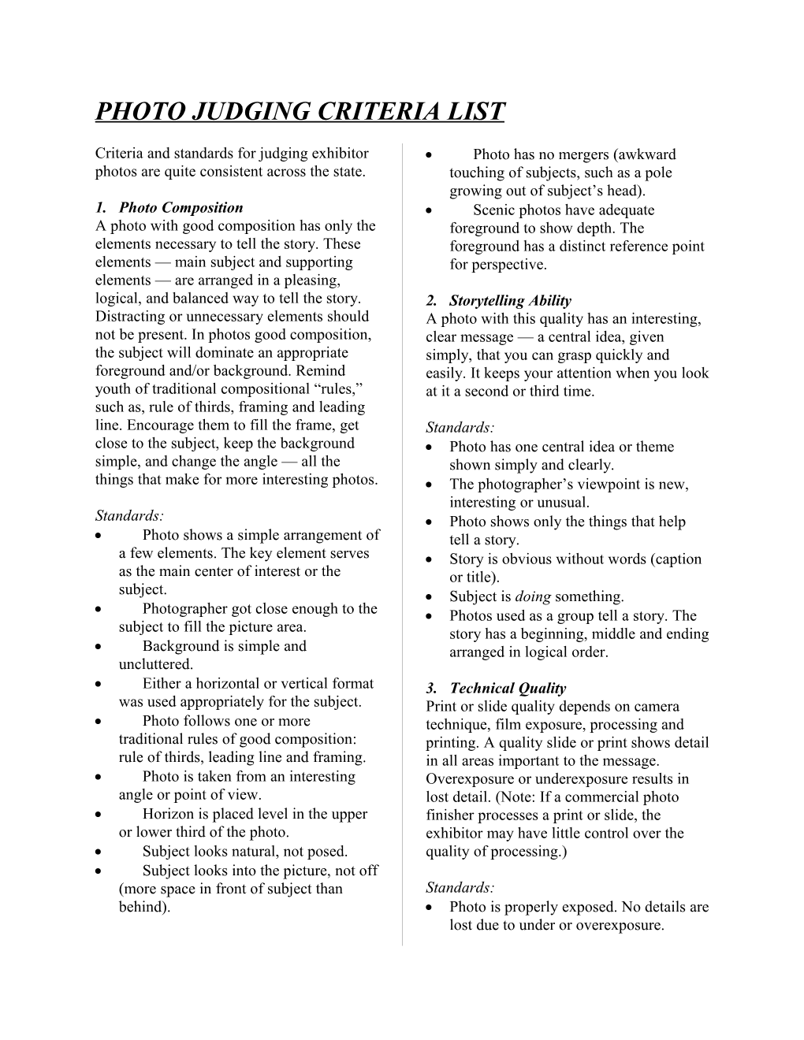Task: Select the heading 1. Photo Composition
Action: (169, 207)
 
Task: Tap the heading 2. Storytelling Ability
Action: (498, 300)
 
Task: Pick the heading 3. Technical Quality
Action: (496, 688)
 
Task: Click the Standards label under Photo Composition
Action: (129, 516)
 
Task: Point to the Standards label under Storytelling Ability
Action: (460, 428)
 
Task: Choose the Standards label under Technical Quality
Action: (460, 888)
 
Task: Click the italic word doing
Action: (533, 596)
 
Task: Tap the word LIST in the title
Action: (475, 111)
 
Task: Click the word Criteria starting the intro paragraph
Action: (120, 154)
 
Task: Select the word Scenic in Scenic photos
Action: (494, 210)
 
